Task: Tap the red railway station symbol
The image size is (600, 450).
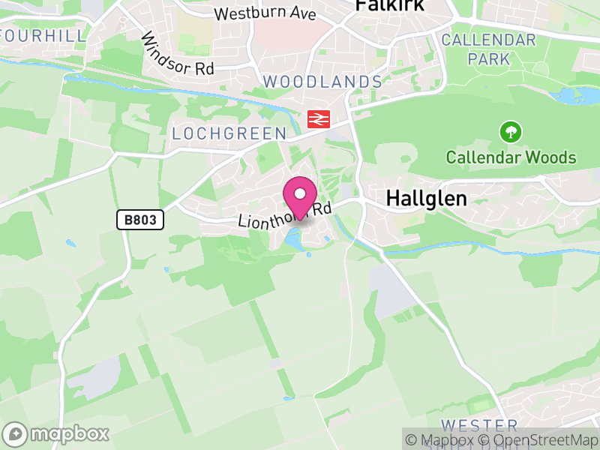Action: [x=319, y=118]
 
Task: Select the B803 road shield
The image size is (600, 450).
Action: [x=140, y=220]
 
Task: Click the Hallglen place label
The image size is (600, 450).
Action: [x=426, y=199]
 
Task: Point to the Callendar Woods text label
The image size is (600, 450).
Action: [x=511, y=157]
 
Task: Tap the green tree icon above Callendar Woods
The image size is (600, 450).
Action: [x=511, y=133]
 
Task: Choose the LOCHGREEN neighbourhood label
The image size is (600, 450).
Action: [x=229, y=133]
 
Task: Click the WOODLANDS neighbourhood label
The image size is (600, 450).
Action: [x=322, y=81]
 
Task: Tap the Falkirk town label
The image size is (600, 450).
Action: [x=389, y=6]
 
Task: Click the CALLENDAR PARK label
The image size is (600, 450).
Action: [x=489, y=49]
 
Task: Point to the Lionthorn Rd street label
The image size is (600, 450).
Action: [x=284, y=216]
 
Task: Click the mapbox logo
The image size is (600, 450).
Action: [x=57, y=433]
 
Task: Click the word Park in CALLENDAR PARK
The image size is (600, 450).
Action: [x=489, y=58]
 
